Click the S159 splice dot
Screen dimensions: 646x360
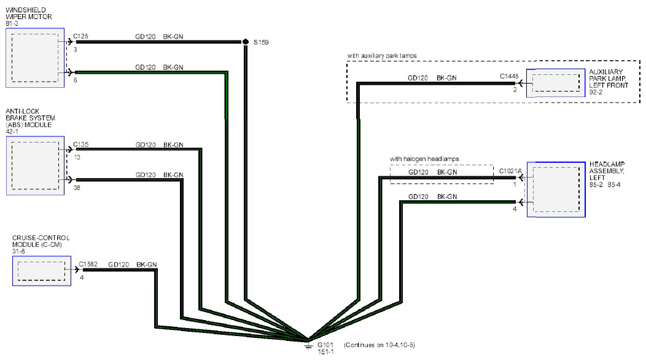coord(246,42)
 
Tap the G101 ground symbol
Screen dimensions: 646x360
coord(308,344)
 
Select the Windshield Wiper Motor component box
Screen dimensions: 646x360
coord(35,58)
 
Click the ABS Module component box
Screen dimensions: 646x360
coord(36,165)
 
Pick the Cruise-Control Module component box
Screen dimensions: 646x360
coord(42,271)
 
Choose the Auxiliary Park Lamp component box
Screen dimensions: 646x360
coord(555,83)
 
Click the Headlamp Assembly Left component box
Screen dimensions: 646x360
coord(556,189)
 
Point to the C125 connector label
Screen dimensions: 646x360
coord(81,36)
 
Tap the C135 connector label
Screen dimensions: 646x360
coord(81,144)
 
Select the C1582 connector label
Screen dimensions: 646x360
coord(88,264)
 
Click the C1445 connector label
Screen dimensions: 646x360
coord(509,76)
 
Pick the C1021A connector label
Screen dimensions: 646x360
coord(510,171)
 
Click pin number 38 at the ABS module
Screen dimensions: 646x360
coord(77,187)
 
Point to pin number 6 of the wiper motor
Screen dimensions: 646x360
coord(76,80)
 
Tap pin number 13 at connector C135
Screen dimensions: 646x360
coord(77,157)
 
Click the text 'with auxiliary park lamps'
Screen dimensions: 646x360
coord(382,56)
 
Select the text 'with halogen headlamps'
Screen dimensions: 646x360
coord(424,158)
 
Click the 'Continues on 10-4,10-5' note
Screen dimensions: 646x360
coord(379,345)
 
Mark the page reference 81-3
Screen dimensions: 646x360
coord(12,23)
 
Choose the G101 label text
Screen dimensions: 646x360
coord(325,345)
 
